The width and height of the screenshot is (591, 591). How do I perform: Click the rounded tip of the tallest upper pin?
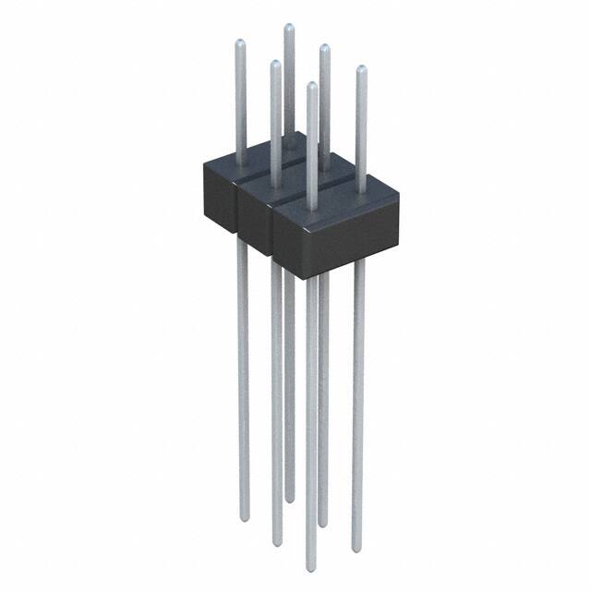288,29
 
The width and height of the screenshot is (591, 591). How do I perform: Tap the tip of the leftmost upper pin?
240,43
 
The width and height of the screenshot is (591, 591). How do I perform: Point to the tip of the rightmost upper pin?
361,70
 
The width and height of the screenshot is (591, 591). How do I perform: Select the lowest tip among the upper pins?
312,87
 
